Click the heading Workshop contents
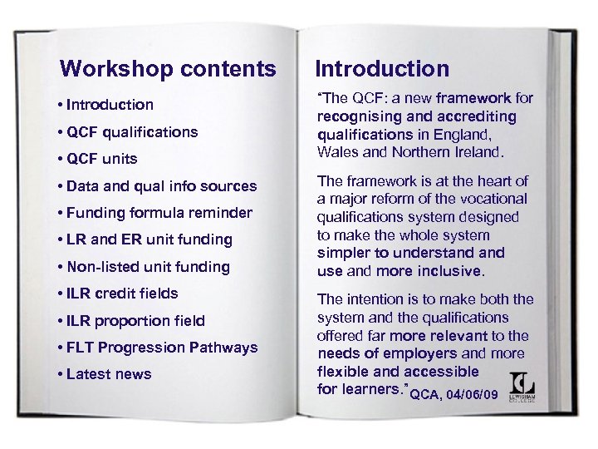click(x=168, y=68)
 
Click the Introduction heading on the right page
click(x=382, y=69)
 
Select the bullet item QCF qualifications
click(x=133, y=131)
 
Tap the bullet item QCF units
click(x=103, y=159)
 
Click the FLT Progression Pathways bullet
click(x=163, y=348)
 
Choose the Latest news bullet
click(x=109, y=374)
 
